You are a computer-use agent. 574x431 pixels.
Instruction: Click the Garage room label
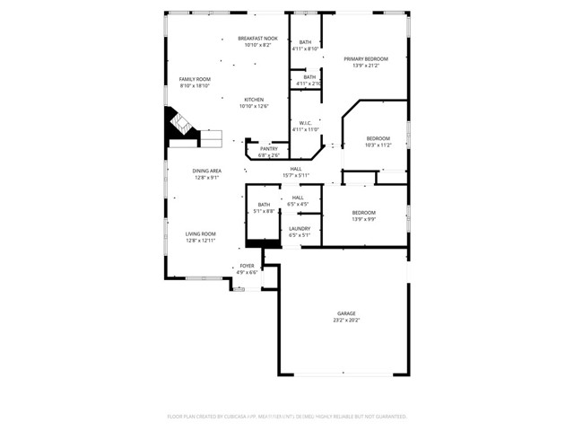pyautogui.click(x=346, y=313)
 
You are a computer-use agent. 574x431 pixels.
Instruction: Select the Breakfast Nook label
pyautogui.click(x=257, y=39)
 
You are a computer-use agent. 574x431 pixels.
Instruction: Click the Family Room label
pyautogui.click(x=194, y=79)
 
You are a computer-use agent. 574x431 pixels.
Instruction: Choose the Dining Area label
pyautogui.click(x=207, y=170)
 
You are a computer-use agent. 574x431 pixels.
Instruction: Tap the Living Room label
pyautogui.click(x=201, y=233)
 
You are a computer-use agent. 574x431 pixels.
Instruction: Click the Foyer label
pyautogui.click(x=247, y=266)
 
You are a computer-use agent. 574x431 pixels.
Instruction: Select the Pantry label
pyautogui.click(x=268, y=149)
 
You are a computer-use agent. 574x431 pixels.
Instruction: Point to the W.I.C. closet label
pyautogui.click(x=305, y=123)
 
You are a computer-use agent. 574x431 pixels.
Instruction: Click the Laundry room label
pyautogui.click(x=299, y=228)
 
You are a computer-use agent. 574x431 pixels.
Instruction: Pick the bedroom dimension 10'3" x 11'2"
pyautogui.click(x=378, y=145)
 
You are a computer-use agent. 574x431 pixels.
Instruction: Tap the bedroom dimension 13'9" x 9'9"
pyautogui.click(x=363, y=219)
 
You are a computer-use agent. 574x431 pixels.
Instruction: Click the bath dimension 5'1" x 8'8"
pyautogui.click(x=264, y=211)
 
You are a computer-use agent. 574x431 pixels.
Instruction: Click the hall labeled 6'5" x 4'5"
pyautogui.click(x=298, y=204)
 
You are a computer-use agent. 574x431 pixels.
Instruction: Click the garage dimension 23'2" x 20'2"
pyautogui.click(x=346, y=320)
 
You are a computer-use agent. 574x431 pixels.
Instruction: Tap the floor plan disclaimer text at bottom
pyautogui.click(x=287, y=417)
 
